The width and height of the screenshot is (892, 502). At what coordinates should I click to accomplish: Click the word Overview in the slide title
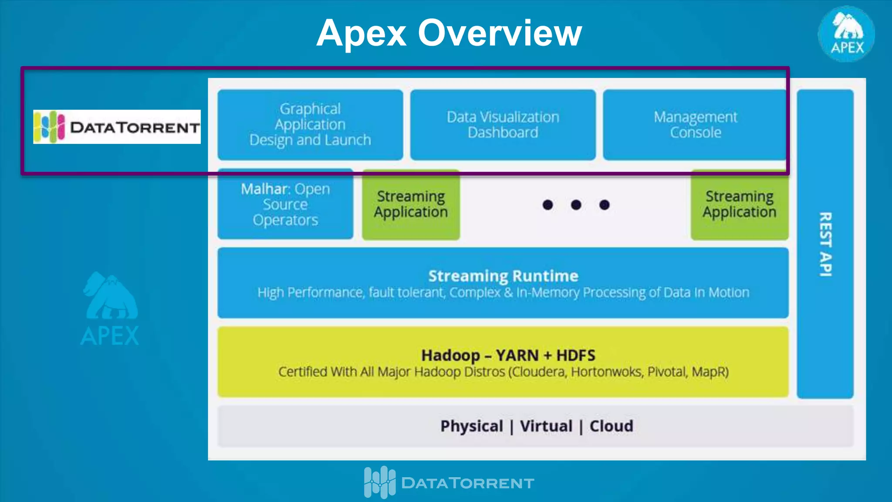point(500,33)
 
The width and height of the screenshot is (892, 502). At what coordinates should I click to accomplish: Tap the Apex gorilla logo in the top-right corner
point(846,34)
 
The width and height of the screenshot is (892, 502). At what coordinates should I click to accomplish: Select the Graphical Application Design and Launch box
point(310,125)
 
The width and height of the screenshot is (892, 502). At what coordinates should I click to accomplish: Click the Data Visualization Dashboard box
point(503,125)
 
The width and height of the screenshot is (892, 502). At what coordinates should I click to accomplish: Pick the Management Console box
point(695,125)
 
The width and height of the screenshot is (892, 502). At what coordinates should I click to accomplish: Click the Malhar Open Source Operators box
point(285,204)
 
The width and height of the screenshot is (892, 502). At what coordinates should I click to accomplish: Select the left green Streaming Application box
point(411,204)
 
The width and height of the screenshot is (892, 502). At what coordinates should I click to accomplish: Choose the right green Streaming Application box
point(739,204)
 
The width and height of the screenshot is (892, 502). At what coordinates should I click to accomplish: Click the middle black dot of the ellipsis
point(576,205)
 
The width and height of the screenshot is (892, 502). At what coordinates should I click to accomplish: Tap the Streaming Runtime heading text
point(503,276)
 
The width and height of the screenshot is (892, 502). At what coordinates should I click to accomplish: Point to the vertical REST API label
point(825,244)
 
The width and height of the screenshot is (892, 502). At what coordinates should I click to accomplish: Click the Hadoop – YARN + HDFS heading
point(508,355)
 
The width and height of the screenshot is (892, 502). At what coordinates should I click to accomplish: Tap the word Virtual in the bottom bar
point(546,426)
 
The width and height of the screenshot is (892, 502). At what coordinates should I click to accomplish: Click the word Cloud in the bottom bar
point(611,426)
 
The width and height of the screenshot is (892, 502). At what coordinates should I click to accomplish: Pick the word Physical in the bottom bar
point(472,426)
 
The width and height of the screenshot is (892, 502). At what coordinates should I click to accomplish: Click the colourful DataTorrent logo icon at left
point(49,127)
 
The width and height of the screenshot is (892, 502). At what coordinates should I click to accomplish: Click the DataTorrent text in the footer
point(467,483)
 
